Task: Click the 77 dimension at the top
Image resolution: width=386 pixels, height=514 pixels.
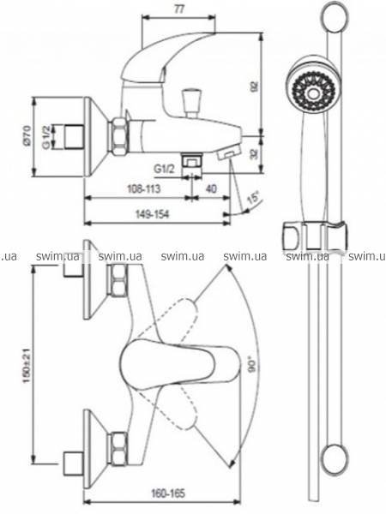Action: (x=178, y=9)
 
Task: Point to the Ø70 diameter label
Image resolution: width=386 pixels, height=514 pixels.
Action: (x=27, y=135)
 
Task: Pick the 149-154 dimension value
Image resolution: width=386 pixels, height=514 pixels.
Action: (x=153, y=214)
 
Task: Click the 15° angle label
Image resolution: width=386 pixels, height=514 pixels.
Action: (x=253, y=198)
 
